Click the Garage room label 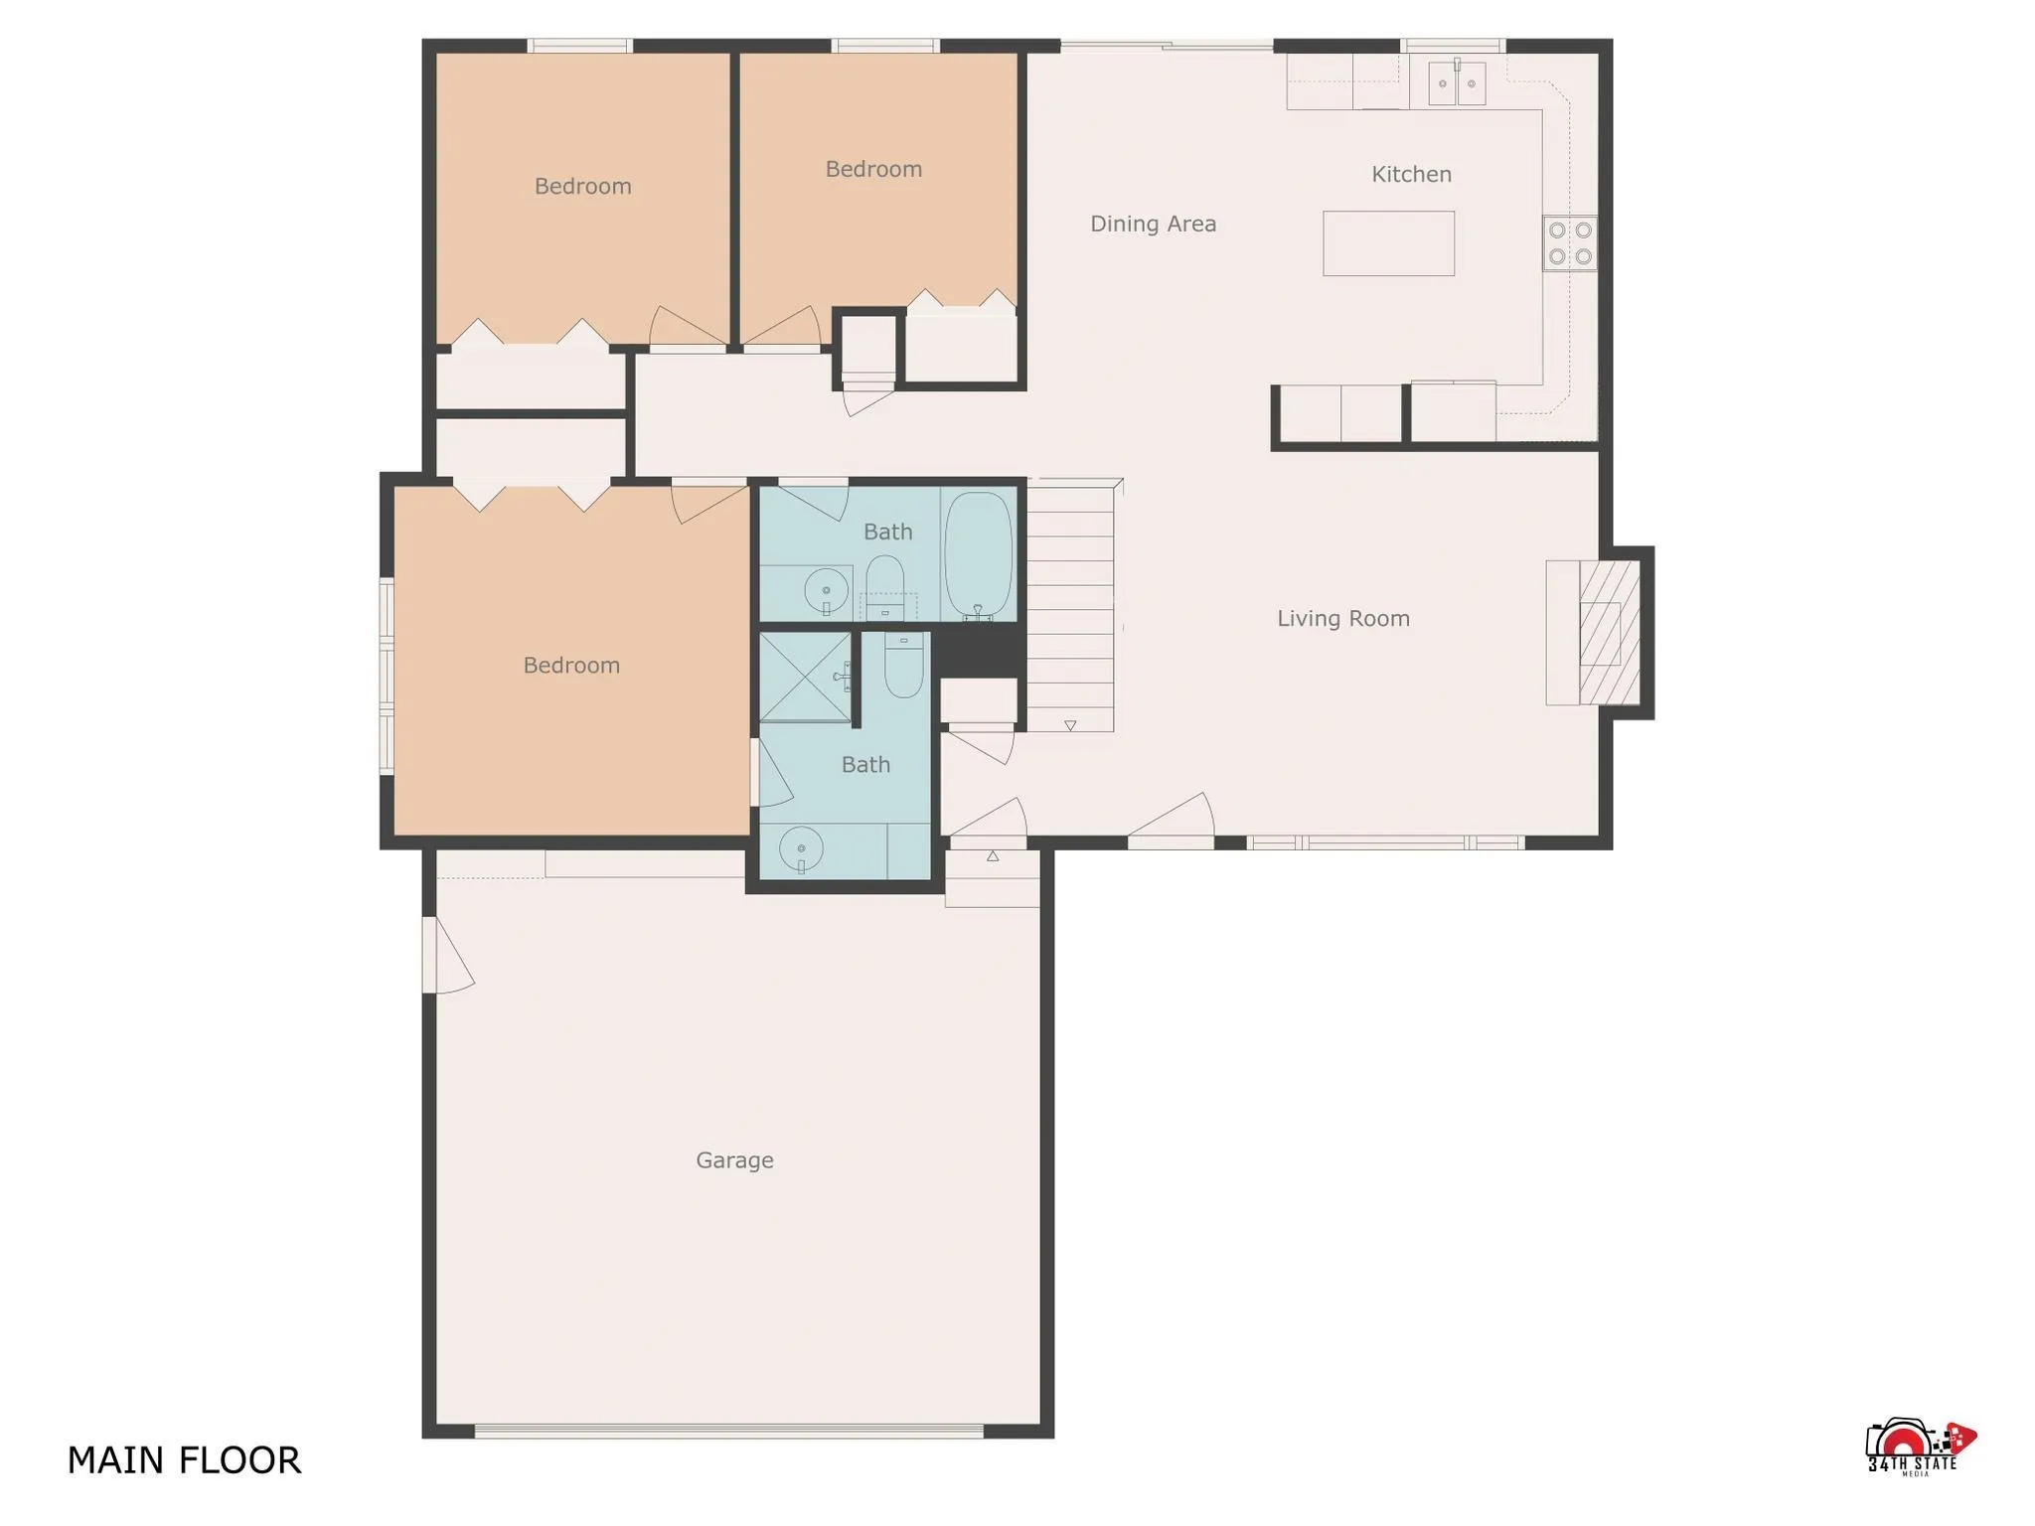734,1159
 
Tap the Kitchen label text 1411,175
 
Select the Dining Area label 1153,224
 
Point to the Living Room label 1342,619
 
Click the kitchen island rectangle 1388,243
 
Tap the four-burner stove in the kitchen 1570,243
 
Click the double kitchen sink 1457,83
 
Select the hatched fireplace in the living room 1609,634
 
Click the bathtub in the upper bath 978,554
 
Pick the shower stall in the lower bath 805,677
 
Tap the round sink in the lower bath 801,850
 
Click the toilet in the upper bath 884,581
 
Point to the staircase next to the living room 1069,606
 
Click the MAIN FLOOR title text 184,1460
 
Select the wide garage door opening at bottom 728,1432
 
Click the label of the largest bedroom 571,666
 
